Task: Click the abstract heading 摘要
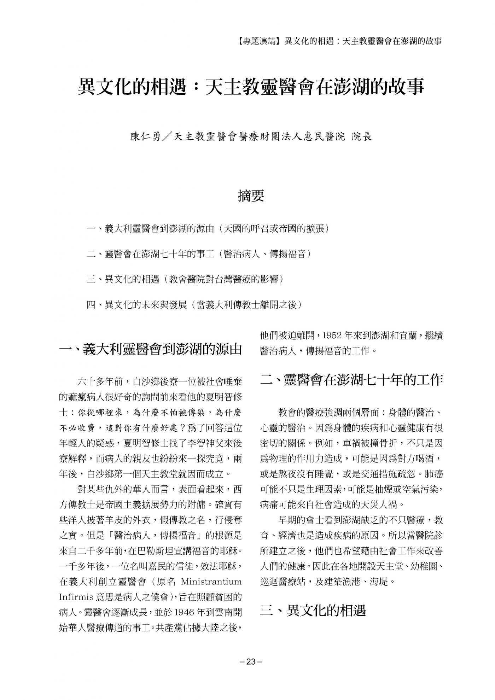point(251,196)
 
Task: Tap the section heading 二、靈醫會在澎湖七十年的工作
point(351,380)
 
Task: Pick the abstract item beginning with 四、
point(194,305)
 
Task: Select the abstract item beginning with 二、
point(199,254)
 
